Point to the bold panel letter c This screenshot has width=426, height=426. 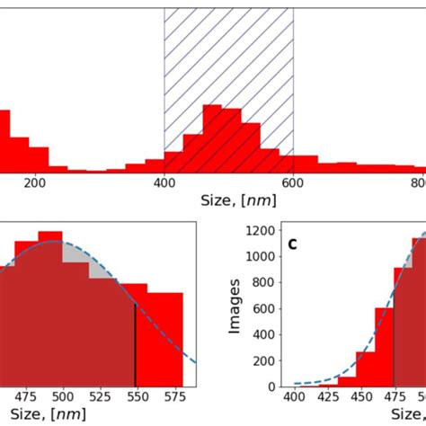click(x=293, y=244)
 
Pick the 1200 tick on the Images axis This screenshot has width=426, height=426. click(x=262, y=230)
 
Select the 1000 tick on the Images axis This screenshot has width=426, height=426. click(x=262, y=256)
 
